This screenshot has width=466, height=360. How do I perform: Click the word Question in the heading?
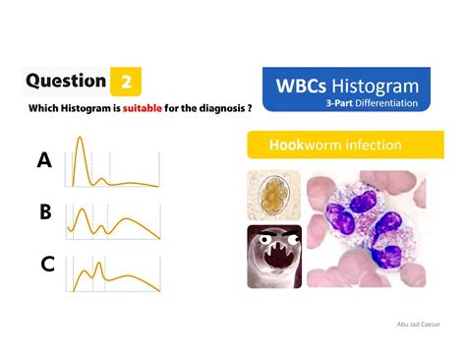66,81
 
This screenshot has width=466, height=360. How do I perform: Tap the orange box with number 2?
126,82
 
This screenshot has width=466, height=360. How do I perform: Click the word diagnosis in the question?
217,108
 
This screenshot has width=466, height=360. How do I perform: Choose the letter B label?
44,211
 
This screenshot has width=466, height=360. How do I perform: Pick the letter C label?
45,264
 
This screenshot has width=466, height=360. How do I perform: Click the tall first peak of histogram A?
81,141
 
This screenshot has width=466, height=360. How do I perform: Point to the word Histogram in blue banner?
379,87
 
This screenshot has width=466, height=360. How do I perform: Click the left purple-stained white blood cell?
350,211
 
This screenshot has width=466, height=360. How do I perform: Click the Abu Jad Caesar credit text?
418,322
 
